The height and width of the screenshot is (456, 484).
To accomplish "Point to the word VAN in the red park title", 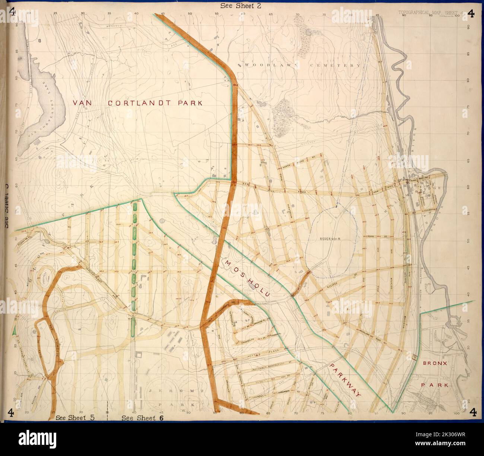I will click(x=83, y=103).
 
